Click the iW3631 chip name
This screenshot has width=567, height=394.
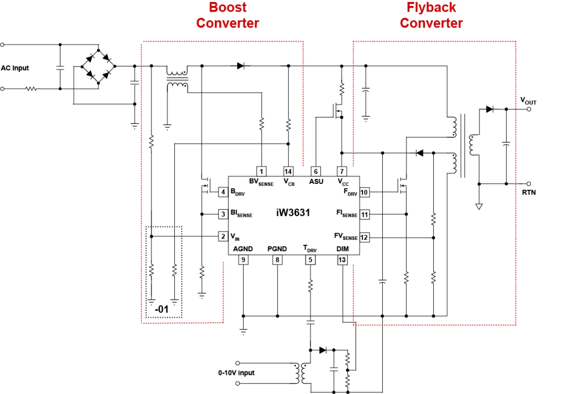(293, 212)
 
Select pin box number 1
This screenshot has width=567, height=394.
(261, 171)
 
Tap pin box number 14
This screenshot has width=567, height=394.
(288, 171)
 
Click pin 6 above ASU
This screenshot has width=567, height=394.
(316, 171)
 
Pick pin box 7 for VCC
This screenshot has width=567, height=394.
(342, 171)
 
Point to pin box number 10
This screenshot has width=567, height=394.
(364, 192)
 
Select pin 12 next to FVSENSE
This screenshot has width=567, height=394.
(364, 237)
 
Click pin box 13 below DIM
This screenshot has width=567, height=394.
(342, 260)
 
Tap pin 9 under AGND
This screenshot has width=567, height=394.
(243, 260)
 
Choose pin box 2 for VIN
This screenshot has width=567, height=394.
(223, 236)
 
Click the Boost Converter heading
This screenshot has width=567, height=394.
(228, 15)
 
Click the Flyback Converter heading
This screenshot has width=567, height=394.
(431, 15)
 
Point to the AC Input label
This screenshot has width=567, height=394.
(15, 68)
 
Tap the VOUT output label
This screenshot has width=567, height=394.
(529, 100)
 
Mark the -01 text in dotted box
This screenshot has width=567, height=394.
(161, 310)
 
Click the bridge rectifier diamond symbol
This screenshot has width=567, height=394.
(98, 66)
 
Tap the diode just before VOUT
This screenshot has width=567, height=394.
(490, 109)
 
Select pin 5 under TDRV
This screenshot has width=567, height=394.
(310, 260)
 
